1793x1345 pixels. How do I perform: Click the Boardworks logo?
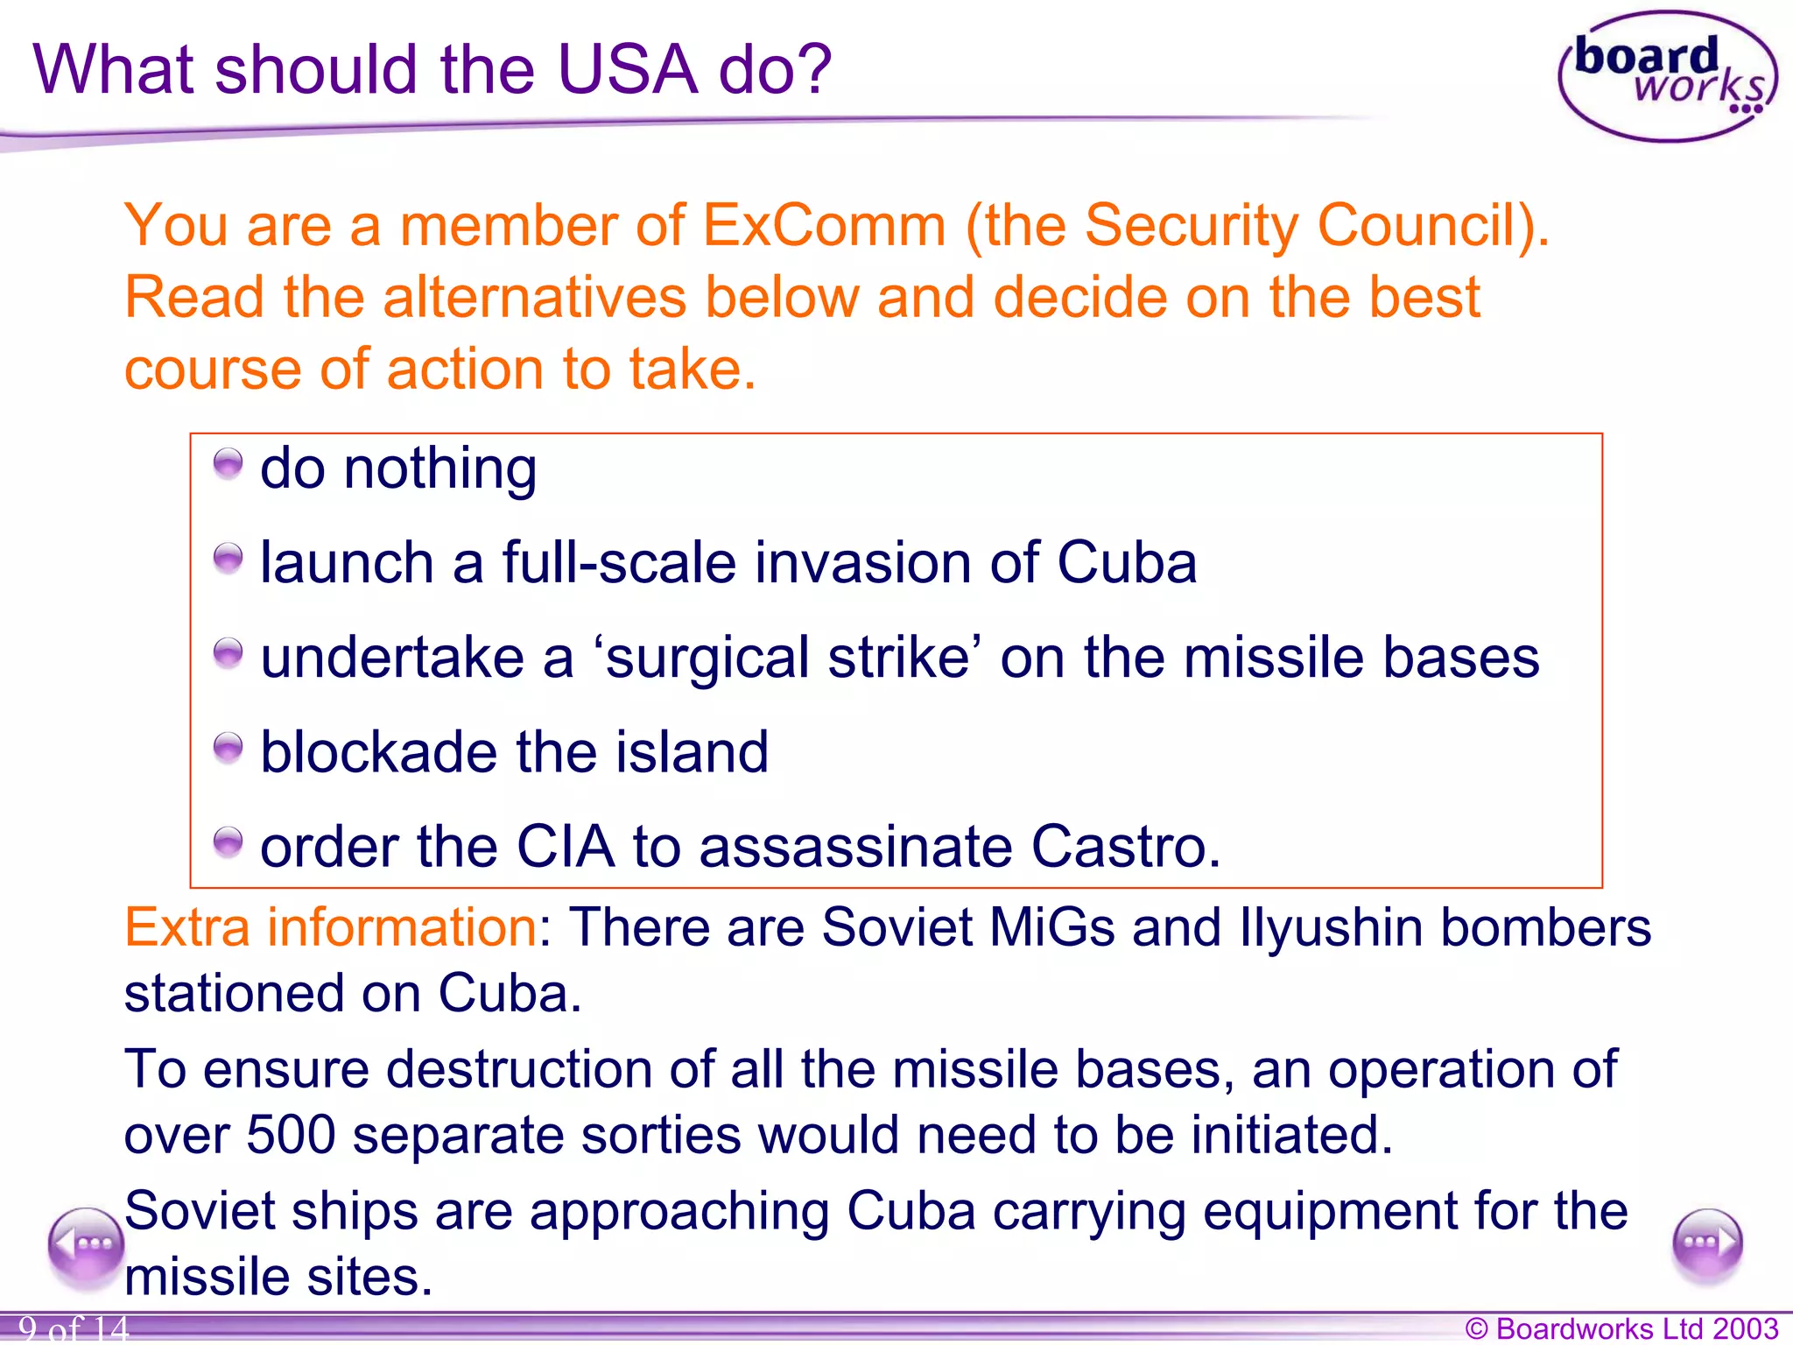1667,77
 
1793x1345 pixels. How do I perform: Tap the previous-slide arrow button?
86,1244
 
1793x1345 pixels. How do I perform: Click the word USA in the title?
627,70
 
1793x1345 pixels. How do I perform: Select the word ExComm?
824,226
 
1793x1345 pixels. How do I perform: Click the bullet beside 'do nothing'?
228,463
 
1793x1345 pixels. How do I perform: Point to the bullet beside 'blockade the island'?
228,747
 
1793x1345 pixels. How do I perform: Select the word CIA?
565,847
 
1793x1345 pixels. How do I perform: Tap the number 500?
291,1135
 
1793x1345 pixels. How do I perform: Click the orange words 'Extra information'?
330,927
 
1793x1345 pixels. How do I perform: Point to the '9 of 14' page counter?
74,1329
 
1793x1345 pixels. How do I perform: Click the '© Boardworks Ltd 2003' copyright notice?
1621,1328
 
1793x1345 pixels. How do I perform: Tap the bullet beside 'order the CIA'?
228,842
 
